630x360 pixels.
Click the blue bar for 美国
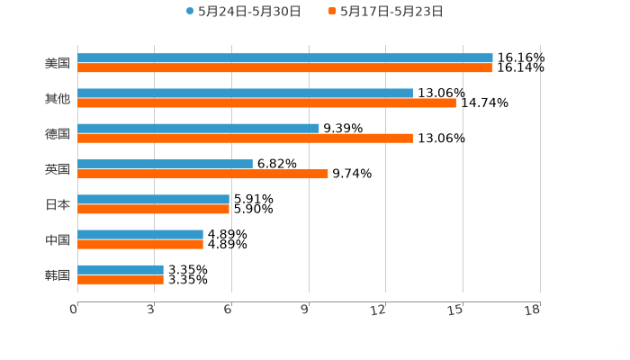pos(284,58)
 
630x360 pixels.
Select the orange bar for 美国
pos(284,68)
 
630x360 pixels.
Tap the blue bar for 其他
pos(245,93)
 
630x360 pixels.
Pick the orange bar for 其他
pos(266,103)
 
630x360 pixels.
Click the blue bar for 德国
pos(198,128)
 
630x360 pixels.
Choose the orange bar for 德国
pos(245,139)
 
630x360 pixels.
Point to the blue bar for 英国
pos(165,164)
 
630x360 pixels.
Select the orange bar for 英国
pos(202,174)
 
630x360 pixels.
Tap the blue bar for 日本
pos(153,199)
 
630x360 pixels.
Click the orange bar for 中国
pos(140,244)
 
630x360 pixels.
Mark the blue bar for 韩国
pos(121,269)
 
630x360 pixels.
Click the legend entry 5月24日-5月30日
pos(244,12)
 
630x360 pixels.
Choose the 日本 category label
pos(58,204)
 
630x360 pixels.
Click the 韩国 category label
pos(58,274)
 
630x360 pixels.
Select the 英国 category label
pos(58,169)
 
